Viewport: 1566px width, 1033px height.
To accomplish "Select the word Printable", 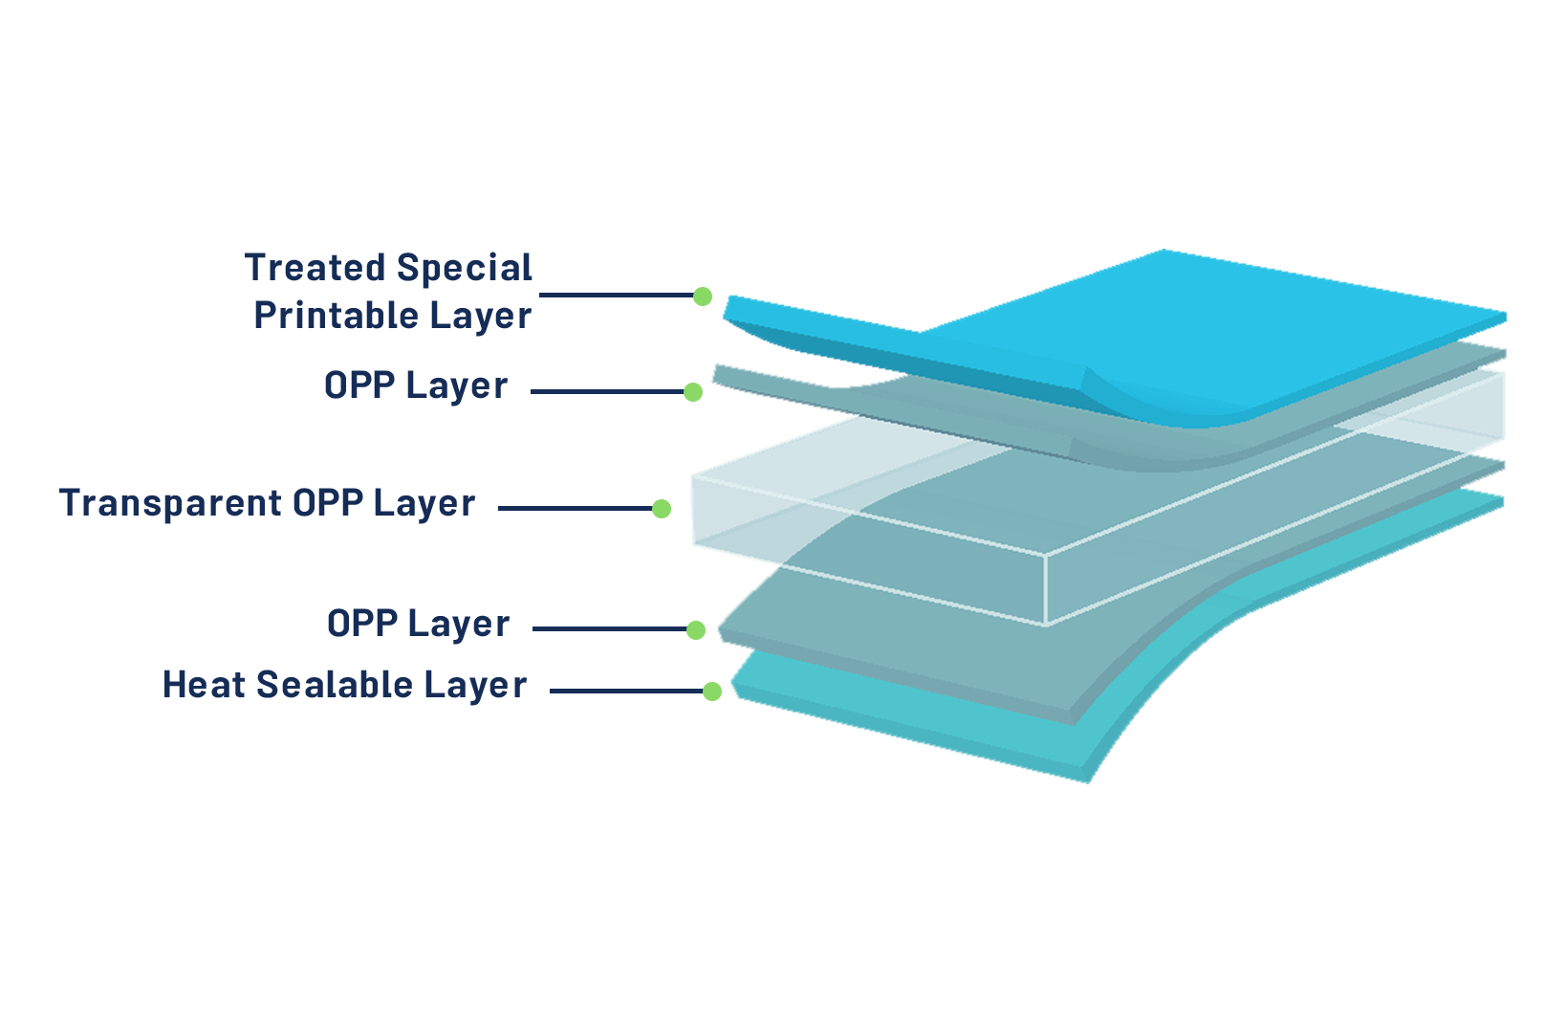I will [x=337, y=315].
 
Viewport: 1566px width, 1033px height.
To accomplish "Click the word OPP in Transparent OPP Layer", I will [x=328, y=503].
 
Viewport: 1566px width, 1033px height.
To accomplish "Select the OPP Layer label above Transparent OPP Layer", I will [x=416, y=385].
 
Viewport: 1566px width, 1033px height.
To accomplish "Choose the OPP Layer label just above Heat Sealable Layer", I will [x=418, y=624].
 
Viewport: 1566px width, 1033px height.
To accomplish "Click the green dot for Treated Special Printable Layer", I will [x=703, y=297].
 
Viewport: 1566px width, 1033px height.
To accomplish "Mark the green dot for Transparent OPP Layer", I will [x=662, y=509].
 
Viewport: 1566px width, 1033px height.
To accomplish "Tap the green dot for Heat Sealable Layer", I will [x=712, y=692].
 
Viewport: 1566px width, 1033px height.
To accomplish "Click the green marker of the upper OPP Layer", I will [x=695, y=392].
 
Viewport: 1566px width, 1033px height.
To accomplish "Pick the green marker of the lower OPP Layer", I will [x=696, y=629].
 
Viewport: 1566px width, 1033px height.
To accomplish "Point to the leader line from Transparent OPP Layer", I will [x=574, y=509].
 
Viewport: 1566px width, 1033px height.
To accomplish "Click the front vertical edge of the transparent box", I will [x=1046, y=589].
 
